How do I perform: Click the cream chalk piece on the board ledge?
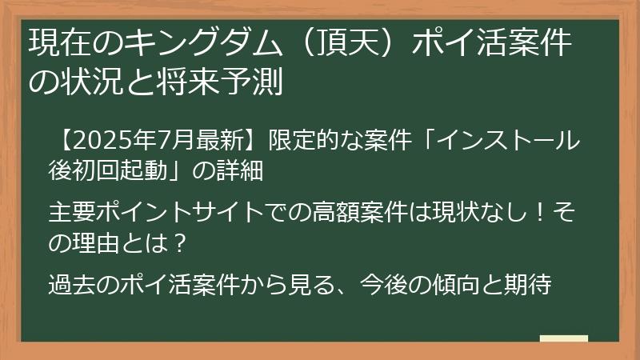coord(564,338)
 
